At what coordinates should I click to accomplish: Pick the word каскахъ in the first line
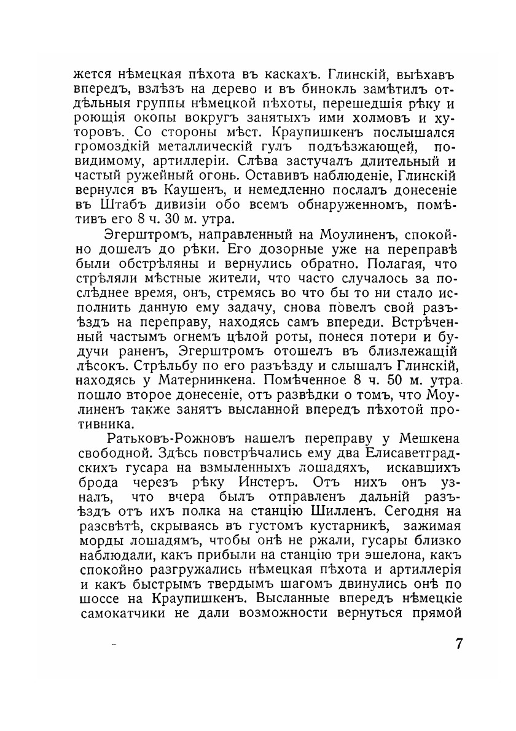294,74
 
